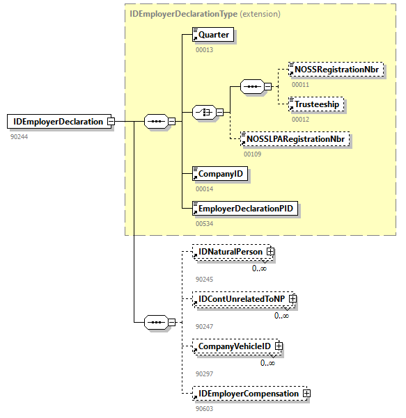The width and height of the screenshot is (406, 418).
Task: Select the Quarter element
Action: pos(213,35)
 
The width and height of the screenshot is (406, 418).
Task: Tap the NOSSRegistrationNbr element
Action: pos(336,70)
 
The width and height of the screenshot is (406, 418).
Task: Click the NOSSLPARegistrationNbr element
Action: pos(295,139)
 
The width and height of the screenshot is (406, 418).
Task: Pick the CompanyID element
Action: pos(220,174)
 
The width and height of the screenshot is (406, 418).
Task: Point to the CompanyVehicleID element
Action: pos(234,346)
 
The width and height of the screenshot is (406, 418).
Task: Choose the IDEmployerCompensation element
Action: pos(249,394)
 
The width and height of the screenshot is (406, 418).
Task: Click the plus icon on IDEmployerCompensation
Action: pos(306,394)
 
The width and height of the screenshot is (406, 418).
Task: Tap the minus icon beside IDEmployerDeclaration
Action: pos(110,122)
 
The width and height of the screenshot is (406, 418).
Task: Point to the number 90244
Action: pos(19,136)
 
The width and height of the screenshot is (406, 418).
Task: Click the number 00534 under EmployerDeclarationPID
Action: pos(204,223)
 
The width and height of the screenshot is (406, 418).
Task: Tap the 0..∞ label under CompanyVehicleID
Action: pos(268,362)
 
